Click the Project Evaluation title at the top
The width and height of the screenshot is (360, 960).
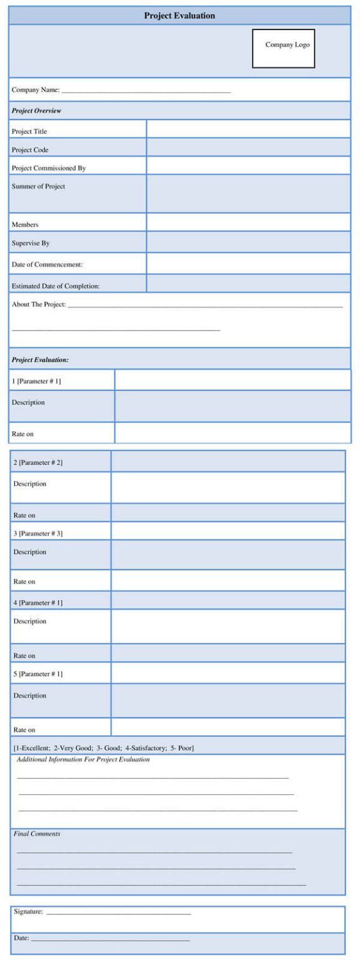(179, 16)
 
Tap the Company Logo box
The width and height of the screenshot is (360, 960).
(283, 48)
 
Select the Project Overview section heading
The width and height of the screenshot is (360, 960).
(36, 111)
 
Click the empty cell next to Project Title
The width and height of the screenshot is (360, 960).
(248, 129)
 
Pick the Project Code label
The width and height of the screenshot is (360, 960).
(30, 150)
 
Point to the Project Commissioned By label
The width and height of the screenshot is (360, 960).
(49, 168)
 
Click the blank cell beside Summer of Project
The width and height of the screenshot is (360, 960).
(248, 193)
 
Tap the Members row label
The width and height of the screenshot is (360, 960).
(25, 224)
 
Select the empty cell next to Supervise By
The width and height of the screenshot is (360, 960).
(248, 242)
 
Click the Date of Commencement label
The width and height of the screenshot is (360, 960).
(47, 264)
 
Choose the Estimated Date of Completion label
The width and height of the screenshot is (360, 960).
(56, 286)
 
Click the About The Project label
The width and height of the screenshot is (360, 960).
(39, 304)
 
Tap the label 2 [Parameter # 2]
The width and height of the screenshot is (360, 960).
(38, 462)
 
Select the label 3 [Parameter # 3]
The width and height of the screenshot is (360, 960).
(38, 533)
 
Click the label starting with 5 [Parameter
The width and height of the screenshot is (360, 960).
(38, 674)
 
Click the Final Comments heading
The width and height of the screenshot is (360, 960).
(37, 834)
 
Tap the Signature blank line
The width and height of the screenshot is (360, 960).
(118, 913)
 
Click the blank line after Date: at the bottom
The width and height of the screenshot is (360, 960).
(110, 939)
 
